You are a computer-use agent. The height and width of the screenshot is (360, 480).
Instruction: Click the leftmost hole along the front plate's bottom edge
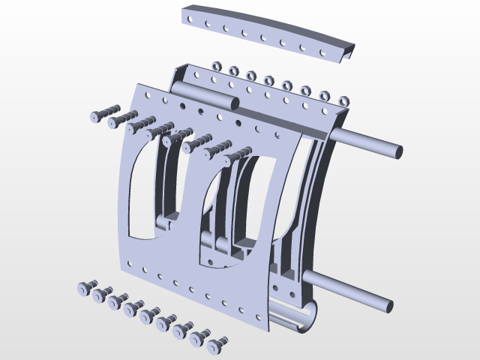pyautogui.click(x=130, y=263)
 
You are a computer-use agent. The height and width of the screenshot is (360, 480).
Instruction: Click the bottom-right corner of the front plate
pyautogui.click(x=268, y=330)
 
